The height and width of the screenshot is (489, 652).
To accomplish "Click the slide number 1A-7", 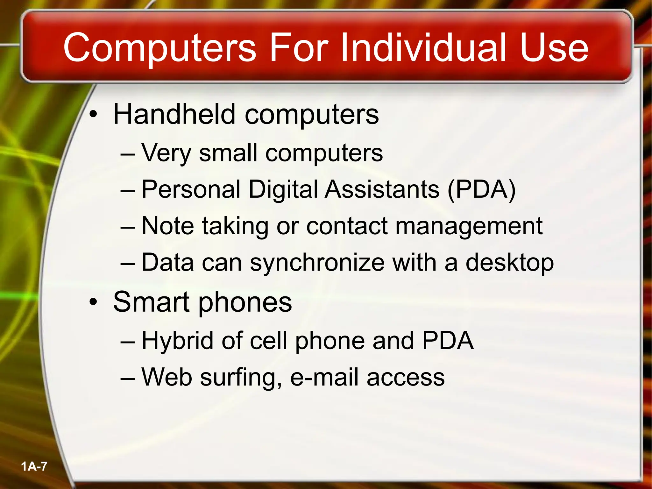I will click(x=34, y=467).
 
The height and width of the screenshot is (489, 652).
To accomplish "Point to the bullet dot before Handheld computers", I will click(x=93, y=115).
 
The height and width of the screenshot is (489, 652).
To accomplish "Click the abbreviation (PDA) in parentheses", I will click(x=481, y=190).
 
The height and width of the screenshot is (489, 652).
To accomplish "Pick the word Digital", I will click(x=283, y=190).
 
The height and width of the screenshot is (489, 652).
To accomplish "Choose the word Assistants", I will click(x=382, y=190).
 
